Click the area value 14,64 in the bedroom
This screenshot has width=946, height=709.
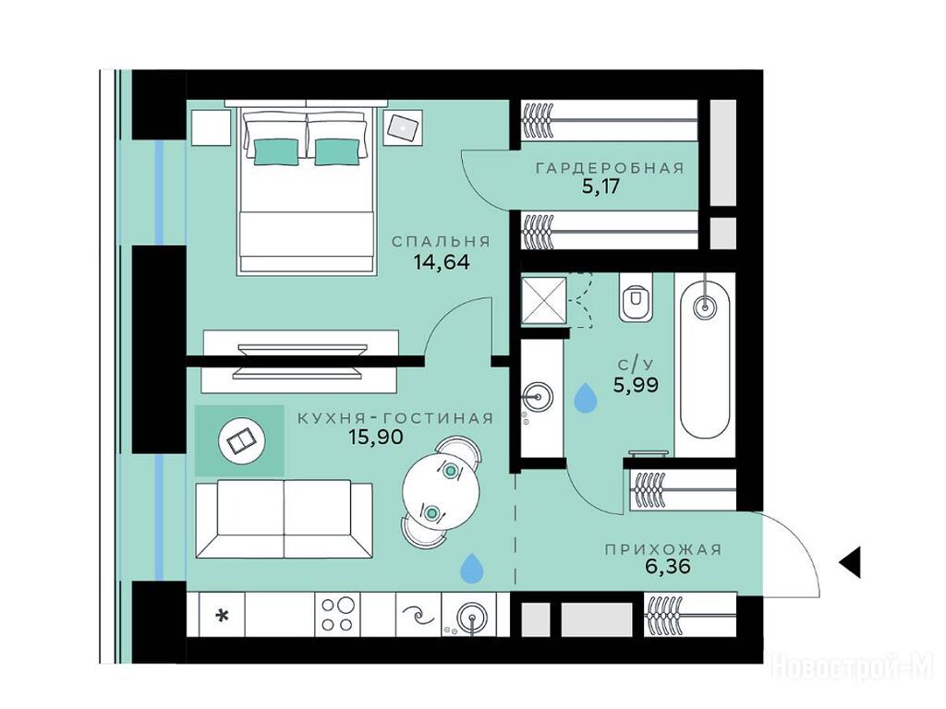[442, 261]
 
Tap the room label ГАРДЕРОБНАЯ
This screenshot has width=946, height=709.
[610, 168]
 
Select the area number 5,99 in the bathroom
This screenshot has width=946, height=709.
[636, 384]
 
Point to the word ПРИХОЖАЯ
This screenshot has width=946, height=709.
[663, 549]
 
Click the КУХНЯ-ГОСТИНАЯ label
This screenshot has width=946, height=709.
[395, 418]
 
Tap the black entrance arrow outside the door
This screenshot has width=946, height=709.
[850, 563]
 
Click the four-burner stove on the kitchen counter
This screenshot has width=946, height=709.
[337, 614]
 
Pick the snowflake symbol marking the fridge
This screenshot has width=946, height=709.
[223, 616]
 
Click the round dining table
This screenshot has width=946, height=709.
[441, 490]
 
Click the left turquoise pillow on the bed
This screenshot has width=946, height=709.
[275, 151]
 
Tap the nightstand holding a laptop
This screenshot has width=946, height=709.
[404, 127]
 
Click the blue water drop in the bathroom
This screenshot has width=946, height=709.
[585, 398]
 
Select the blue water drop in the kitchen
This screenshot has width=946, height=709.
[472, 569]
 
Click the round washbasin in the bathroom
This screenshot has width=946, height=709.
[537, 397]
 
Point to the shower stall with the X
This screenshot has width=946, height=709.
[544, 300]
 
